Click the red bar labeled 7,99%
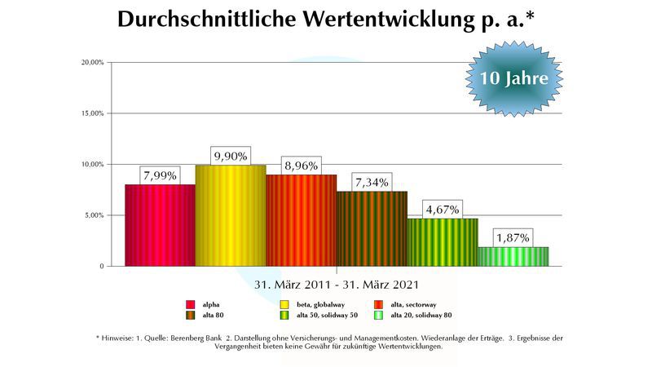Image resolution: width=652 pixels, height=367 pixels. click(160, 225)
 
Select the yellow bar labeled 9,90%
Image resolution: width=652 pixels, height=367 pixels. click(231, 215)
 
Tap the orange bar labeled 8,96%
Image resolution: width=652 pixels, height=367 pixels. click(301, 220)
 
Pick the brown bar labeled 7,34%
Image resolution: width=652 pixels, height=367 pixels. click(372, 228)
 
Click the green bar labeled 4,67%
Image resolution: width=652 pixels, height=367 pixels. click(443, 242)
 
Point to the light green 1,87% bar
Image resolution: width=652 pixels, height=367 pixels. click(513, 256)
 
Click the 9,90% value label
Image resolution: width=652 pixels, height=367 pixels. click(230, 156)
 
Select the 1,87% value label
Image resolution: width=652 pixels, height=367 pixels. click(513, 237)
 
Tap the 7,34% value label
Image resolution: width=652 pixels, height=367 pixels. click(371, 182)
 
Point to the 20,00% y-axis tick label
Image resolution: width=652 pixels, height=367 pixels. click(92, 62)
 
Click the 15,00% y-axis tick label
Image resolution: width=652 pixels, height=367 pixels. click(92, 113)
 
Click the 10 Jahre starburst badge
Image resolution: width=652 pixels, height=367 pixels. click(513, 79)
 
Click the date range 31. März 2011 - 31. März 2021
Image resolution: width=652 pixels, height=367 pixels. click(337, 285)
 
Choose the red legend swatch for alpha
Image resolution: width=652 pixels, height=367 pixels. click(190, 304)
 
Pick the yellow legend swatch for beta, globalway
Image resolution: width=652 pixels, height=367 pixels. click(284, 304)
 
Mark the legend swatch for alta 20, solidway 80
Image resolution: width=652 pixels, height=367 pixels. click(379, 316)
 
